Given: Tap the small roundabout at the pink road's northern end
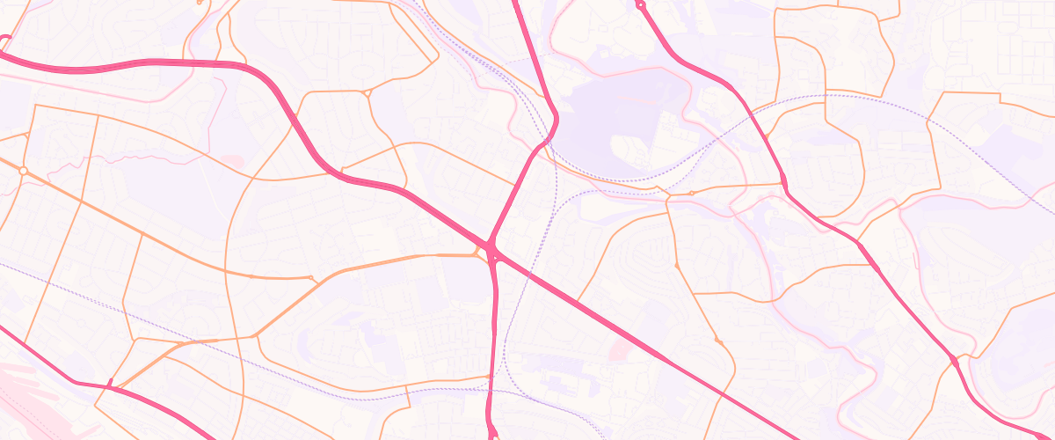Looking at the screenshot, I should pos(640,5).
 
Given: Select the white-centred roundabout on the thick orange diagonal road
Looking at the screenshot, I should pos(24,170).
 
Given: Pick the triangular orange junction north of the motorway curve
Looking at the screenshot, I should pos(367,92).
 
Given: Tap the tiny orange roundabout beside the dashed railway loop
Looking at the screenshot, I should pos(691,193).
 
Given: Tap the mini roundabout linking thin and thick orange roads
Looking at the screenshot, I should pos(312,278).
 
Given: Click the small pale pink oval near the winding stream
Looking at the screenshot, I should pos(232,161).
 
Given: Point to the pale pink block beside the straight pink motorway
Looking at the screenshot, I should pos(620,350).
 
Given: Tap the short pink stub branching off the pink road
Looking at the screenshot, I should pos(110,383).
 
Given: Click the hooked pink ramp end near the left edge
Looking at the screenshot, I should pos(4,40).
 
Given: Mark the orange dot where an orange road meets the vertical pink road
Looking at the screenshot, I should pos(490,378).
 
